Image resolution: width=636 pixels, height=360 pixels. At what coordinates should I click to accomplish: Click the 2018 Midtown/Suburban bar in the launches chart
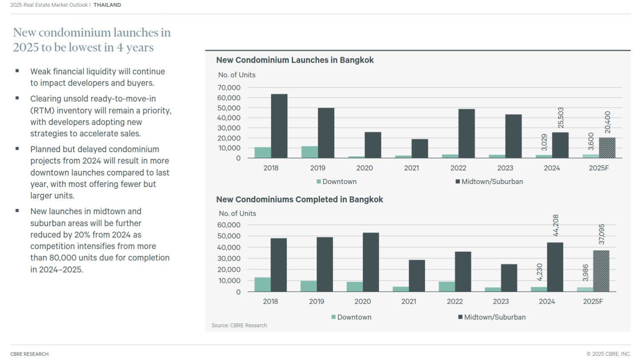279,126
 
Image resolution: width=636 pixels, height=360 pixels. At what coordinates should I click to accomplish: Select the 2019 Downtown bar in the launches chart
310,152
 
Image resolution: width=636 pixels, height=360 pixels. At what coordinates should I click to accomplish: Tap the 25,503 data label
561,118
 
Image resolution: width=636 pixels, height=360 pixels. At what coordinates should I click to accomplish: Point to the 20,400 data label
607,122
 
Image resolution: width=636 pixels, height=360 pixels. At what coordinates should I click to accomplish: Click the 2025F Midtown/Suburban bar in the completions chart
601,271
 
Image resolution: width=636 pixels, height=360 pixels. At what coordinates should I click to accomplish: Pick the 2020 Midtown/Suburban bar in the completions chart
371,262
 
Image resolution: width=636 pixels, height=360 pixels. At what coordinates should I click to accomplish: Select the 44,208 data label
555,225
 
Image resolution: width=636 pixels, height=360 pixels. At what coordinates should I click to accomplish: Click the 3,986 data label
585,273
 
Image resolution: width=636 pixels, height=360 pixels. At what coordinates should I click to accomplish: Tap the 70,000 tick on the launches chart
229,88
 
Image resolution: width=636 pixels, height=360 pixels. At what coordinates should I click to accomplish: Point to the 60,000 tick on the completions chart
229,225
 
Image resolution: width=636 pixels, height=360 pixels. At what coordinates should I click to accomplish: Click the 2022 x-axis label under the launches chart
458,168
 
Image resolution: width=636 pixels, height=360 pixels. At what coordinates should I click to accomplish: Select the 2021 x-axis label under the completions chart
409,301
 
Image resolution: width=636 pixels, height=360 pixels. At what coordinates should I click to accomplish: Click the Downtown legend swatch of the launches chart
319,181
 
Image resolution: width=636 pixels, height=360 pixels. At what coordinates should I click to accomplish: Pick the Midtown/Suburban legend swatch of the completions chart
460,317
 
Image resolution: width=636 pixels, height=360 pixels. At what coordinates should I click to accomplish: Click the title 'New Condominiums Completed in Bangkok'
299,199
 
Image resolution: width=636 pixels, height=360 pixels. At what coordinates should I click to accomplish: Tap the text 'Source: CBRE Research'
239,325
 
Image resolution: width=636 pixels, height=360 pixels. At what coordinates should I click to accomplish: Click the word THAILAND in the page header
107,5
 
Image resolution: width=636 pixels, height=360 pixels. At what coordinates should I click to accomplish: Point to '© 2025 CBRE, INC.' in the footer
608,354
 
